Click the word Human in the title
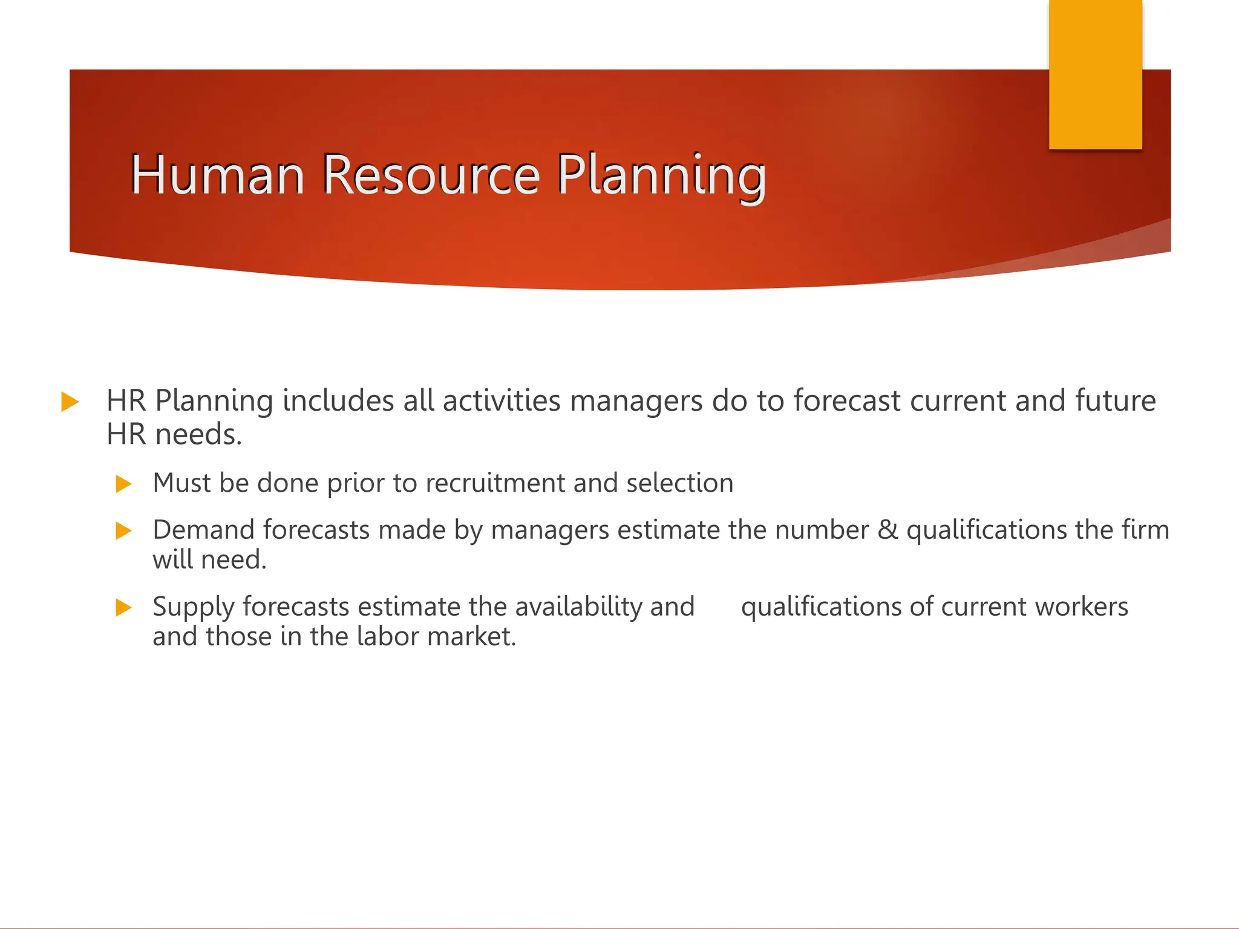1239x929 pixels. [217, 175]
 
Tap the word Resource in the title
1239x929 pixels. [430, 175]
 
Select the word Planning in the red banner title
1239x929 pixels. [661, 176]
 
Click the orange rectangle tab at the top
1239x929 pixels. [1095, 74]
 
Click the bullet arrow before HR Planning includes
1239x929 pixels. [70, 402]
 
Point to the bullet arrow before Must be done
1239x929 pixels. [123, 484]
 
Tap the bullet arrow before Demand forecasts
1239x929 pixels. [123, 530]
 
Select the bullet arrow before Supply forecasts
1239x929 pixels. [123, 607]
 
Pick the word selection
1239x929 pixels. [679, 483]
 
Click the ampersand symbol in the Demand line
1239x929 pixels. [888, 530]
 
